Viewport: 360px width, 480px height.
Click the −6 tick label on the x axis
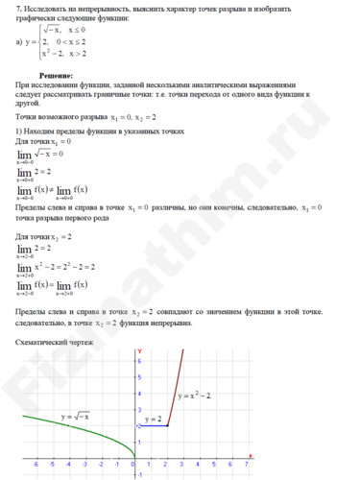pos(35,464)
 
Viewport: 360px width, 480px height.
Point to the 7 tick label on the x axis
pos(247,464)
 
